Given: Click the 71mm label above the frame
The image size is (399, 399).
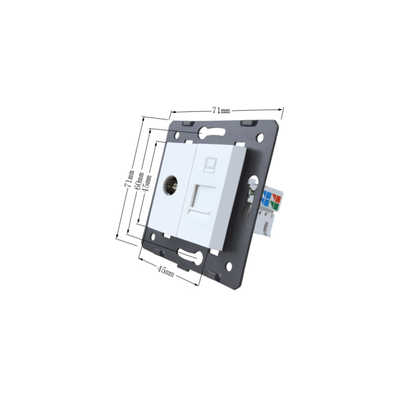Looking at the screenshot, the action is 221,111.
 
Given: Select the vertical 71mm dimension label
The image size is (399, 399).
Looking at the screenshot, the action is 129,178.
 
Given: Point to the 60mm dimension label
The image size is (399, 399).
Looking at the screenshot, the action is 139,181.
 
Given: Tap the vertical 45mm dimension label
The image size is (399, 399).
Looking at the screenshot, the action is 147,184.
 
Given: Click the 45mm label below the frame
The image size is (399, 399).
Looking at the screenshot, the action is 166,271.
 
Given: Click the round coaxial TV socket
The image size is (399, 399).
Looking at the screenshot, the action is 170,185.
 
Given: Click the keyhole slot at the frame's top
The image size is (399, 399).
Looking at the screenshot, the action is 212,133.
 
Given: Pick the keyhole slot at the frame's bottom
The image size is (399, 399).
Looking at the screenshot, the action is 190,256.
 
